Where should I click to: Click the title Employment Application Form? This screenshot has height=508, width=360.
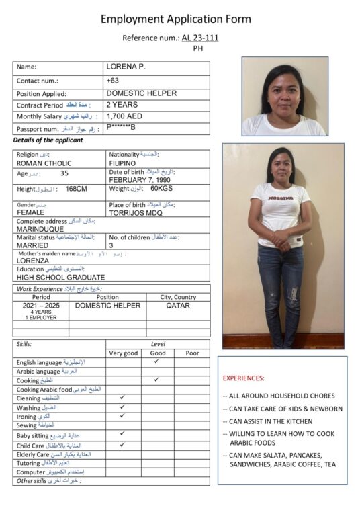176,19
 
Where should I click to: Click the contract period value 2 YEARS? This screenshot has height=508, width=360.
122,105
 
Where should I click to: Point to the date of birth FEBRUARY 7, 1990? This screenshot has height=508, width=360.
142,180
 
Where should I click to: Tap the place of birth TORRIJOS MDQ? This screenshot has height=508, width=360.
136,212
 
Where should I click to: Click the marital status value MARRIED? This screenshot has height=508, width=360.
34,245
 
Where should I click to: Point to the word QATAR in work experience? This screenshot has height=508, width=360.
178,306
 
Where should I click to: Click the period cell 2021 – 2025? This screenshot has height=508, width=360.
41,305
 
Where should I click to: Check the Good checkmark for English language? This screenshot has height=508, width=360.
156,362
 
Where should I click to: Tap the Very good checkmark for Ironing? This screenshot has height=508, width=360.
122,416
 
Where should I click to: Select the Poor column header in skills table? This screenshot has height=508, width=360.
191,353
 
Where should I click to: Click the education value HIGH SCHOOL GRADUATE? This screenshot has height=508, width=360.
60,277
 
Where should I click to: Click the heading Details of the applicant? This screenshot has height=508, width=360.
48,140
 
